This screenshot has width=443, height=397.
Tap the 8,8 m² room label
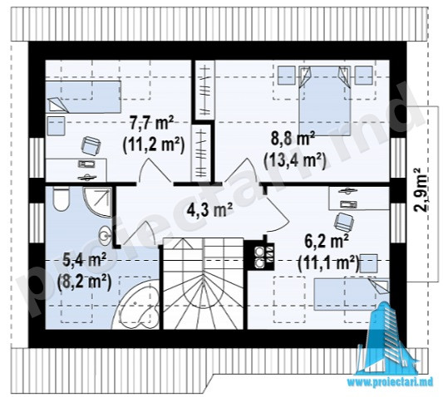pyautogui.click(x=293, y=140)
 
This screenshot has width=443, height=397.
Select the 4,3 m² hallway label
pyautogui.click(x=210, y=210)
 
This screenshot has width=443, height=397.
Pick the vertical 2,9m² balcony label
pyautogui.click(x=421, y=189)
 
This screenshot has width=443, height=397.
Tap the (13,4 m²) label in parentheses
pyautogui.click(x=295, y=161)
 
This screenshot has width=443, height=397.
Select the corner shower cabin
pyautogui.click(x=97, y=202)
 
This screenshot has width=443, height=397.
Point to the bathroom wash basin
pyautogui.click(x=106, y=234)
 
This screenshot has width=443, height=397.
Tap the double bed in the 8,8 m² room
pyautogui.click(x=325, y=100)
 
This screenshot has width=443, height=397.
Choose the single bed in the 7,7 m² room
pyautogui.click(x=83, y=97)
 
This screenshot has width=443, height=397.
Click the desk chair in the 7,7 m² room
pyautogui.click(x=91, y=145)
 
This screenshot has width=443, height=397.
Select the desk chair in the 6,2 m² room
pyautogui.click(x=344, y=222)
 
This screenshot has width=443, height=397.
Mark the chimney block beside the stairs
pyautogui.click(x=259, y=256)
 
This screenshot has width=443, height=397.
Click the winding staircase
pyautogui.click(x=204, y=283)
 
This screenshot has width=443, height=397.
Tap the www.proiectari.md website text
pyautogui.click(x=390, y=382)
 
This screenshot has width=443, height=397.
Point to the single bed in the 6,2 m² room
pyautogui.click(x=352, y=294)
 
